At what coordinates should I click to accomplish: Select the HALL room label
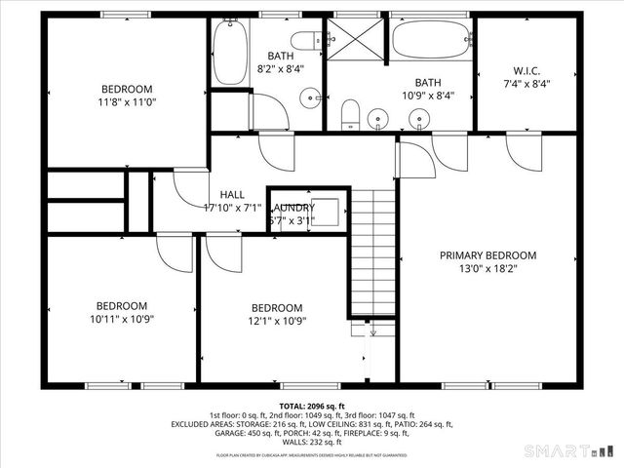[232, 195]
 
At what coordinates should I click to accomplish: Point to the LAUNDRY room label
[292, 208]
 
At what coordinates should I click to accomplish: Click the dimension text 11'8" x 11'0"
[128, 101]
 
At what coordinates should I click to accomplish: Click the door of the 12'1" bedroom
[222, 253]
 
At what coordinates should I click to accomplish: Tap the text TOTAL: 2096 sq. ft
[312, 406]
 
